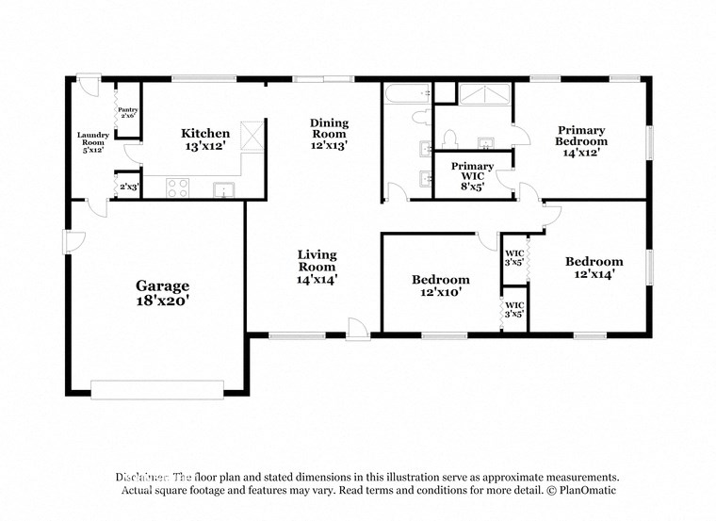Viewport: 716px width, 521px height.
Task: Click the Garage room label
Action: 162,285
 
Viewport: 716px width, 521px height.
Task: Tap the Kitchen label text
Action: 205,134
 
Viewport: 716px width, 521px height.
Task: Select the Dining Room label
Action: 330,128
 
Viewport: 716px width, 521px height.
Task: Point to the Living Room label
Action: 317,260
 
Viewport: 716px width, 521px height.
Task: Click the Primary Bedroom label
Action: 581,136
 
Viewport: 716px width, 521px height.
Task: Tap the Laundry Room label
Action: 92,140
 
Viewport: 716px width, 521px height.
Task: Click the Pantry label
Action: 127,111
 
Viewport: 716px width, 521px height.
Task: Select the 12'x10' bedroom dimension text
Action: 440,293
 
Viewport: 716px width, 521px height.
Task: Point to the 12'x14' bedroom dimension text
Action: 594,274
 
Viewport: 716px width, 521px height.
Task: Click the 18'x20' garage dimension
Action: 162,301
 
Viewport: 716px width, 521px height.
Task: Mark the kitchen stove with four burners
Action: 178,187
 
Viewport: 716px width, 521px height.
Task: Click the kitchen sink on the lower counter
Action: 222,188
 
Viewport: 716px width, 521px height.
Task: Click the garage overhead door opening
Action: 157,387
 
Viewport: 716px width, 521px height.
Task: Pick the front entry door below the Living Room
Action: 358,329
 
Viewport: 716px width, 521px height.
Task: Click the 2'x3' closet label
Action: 128,187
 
